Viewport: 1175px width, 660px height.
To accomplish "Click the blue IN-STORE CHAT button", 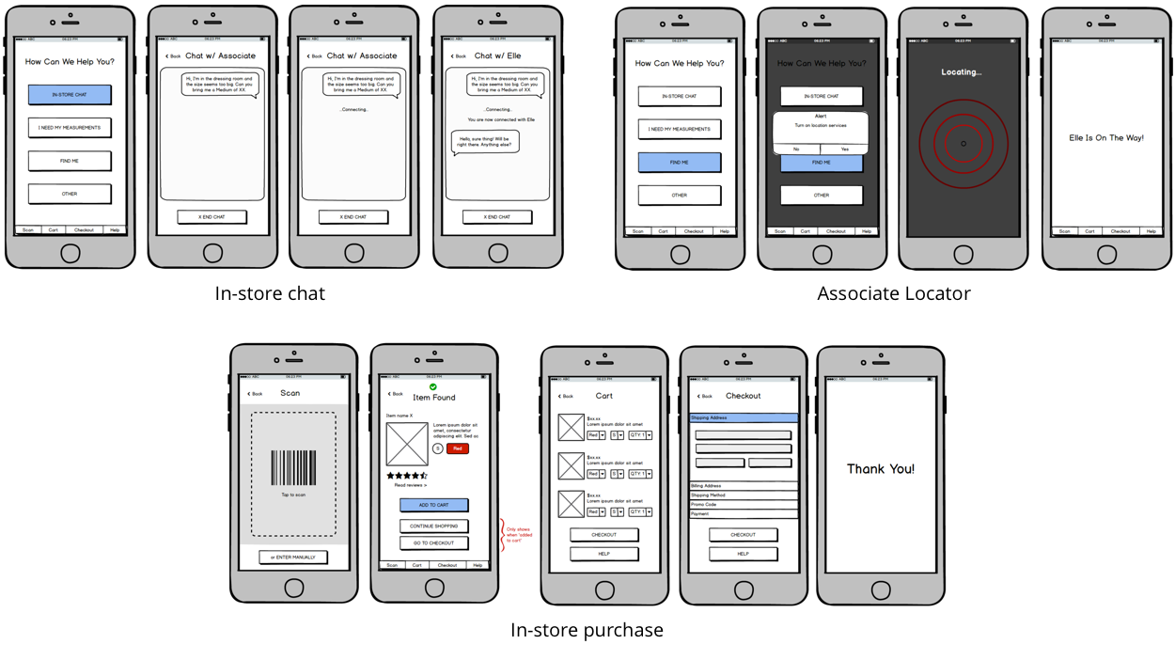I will coord(70,95).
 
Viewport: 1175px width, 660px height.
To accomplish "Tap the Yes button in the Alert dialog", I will coord(844,149).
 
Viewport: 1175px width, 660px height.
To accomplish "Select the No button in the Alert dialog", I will coord(796,149).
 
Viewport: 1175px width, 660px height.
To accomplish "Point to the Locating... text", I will coord(961,72).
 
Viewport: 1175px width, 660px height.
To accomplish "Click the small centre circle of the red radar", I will coord(963,144).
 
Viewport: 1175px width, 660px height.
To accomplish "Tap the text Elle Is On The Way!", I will coord(1106,138).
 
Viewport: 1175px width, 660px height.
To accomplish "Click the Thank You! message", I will coord(880,469).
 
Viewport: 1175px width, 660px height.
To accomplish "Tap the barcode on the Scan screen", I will coord(293,468).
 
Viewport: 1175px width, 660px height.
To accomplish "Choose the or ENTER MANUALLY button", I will coord(293,558).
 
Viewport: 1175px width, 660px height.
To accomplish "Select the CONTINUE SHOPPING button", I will coord(433,526).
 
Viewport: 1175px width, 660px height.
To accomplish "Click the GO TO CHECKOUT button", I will coord(433,543).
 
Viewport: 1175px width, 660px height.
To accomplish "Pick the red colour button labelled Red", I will coord(457,448).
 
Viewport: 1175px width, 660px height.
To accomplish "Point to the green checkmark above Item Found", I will coord(433,386).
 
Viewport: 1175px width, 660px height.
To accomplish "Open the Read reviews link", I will coord(410,485).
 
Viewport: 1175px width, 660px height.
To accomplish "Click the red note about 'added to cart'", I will coord(519,535).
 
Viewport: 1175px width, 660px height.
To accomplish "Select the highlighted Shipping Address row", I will coord(743,418).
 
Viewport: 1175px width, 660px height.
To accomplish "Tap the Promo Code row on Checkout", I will coord(743,505).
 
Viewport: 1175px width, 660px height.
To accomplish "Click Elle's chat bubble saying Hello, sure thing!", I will coord(485,142).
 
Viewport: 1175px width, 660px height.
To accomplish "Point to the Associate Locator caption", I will coord(893,293).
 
